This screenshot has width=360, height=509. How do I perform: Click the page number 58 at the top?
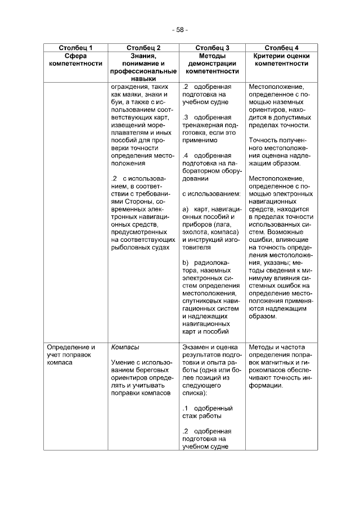point(179,29)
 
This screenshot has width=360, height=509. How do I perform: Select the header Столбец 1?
point(75,48)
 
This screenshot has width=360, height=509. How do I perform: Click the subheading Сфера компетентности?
point(75,60)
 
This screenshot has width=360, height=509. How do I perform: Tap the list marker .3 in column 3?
point(186,117)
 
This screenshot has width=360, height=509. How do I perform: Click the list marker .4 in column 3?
point(186,155)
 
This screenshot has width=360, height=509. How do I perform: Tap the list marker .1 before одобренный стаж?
point(186,408)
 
